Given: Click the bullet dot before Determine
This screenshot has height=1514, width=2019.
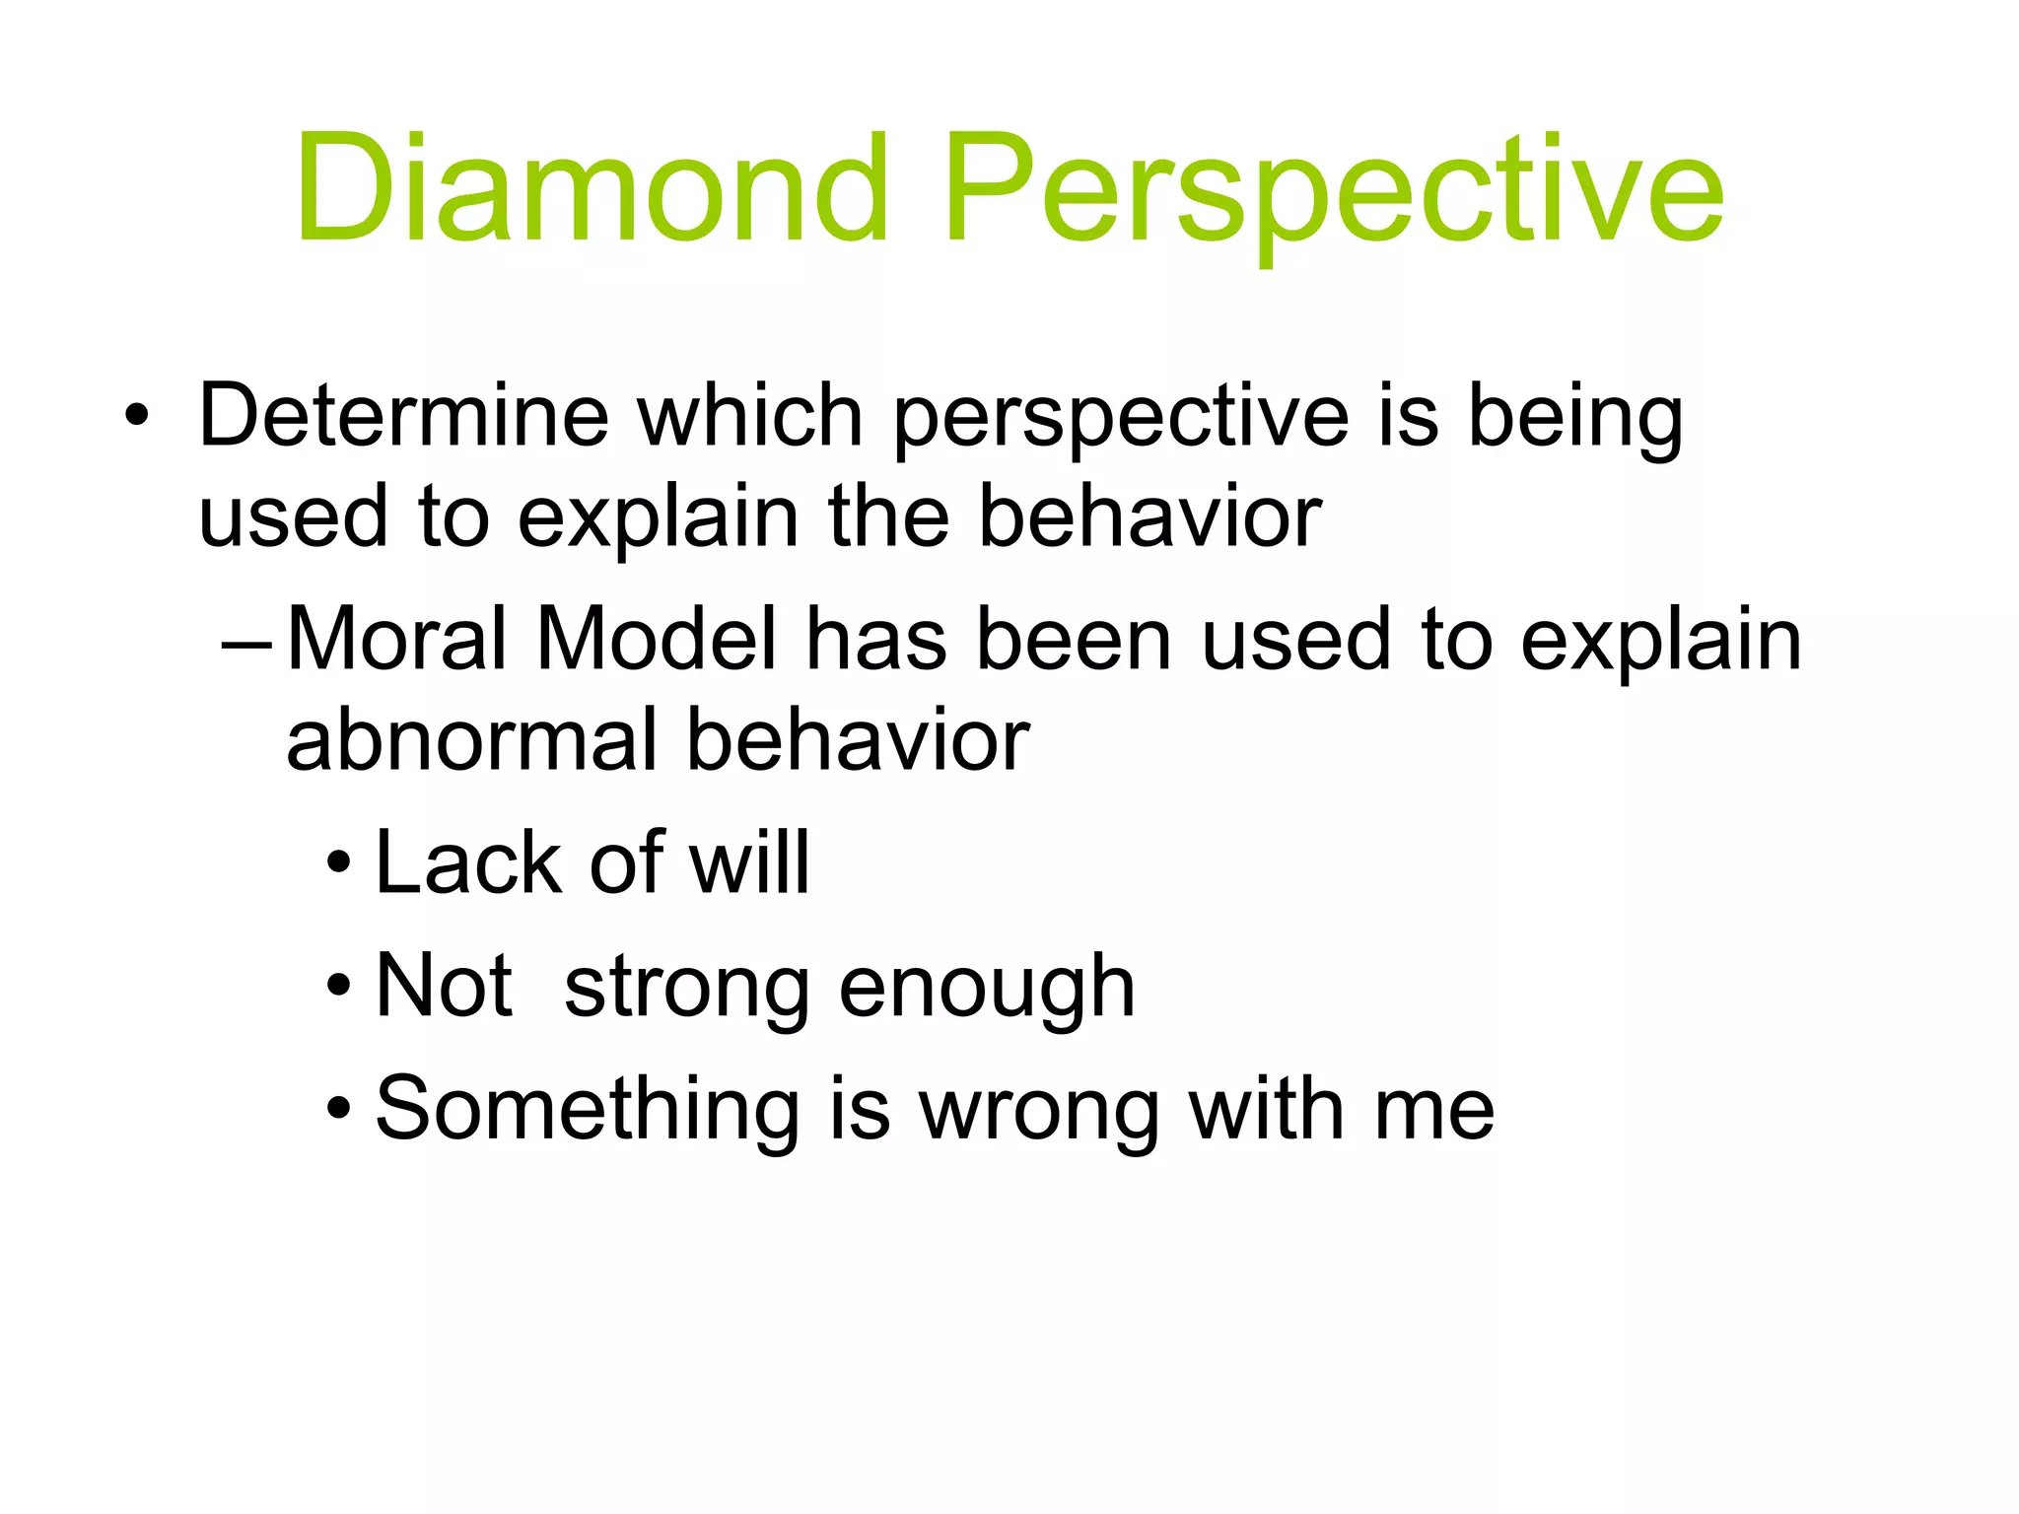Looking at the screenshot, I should (x=137, y=417).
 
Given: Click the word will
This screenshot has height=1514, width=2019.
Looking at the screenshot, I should (x=749, y=863).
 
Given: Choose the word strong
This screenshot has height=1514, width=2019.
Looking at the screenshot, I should (x=687, y=989).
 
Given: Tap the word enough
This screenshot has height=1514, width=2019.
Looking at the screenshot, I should (x=987, y=989).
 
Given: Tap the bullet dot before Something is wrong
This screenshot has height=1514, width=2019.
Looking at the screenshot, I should (x=338, y=1110).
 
